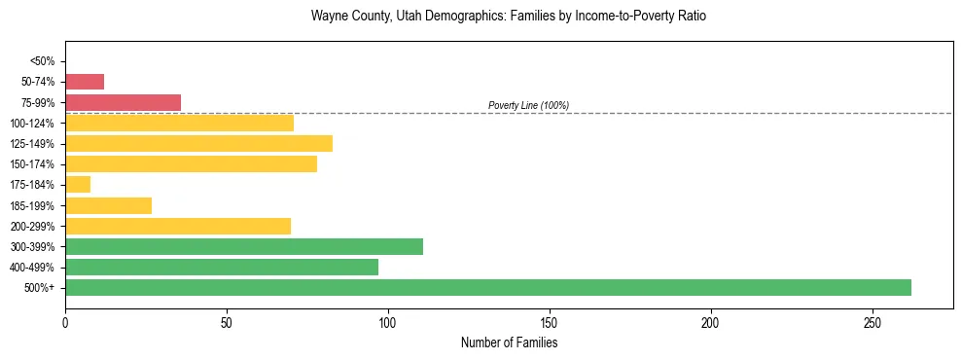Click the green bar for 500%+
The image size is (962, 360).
point(487,287)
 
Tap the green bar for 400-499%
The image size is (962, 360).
point(225,267)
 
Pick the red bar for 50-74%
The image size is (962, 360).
point(85,82)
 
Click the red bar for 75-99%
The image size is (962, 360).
point(123,102)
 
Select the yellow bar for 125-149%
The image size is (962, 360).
point(198,143)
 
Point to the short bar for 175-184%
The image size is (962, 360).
point(78,184)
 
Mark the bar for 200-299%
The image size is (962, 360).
point(178,226)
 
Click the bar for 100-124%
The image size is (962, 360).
point(179,123)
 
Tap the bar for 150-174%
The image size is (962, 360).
point(191,163)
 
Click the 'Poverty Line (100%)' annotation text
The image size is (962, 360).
point(528,105)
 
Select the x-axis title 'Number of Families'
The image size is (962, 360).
point(509,342)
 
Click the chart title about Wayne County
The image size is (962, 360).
point(508,17)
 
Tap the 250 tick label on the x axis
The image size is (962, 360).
point(873,322)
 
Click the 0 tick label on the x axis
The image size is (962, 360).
point(65,322)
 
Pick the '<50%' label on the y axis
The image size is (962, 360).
point(42,61)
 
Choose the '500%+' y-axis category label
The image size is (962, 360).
point(39,288)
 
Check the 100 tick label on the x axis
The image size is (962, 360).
point(388,322)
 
